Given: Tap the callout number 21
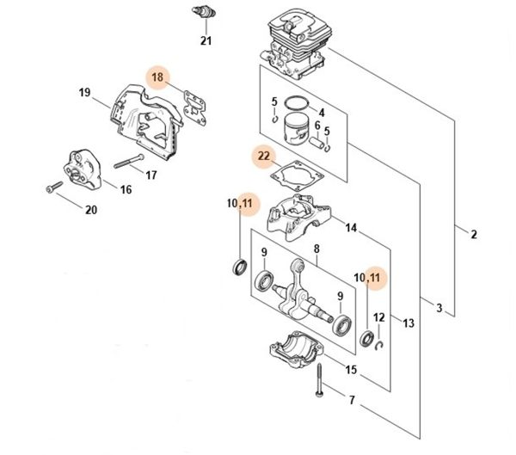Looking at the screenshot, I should [x=206, y=40].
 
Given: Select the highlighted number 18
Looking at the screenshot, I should [x=157, y=77].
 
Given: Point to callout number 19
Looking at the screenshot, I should [x=84, y=93].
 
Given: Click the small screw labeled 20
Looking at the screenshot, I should [x=53, y=186].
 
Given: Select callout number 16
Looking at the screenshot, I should [x=125, y=189].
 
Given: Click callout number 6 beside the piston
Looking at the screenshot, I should [x=316, y=126].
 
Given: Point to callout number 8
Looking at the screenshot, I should [x=316, y=249].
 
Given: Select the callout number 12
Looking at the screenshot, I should [x=378, y=317].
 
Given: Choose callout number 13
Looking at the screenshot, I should [x=408, y=323].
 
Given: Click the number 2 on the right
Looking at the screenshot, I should [x=474, y=234].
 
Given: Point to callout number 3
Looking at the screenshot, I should [x=439, y=308].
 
